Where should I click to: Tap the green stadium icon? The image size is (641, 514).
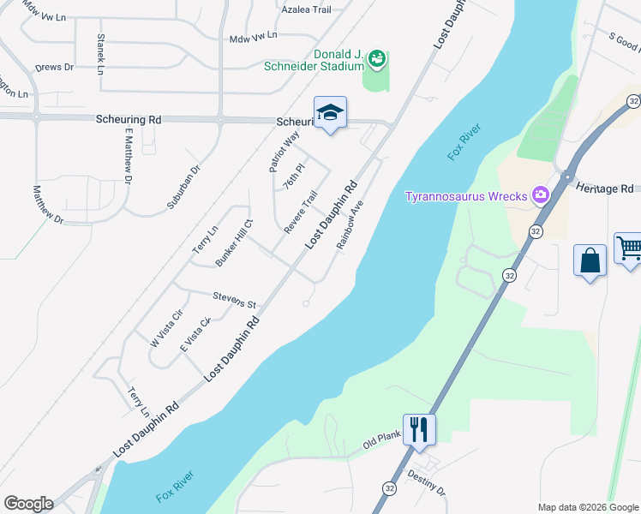[x=375, y=59]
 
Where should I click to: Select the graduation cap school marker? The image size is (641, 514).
[x=330, y=113]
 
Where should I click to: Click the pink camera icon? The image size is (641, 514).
[x=541, y=195]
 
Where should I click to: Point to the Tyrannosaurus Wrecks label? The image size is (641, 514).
[x=465, y=196]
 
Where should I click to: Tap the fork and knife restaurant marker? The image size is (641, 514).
[x=419, y=428]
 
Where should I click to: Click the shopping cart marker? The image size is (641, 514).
[x=629, y=249]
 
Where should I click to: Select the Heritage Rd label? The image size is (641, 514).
[x=604, y=187]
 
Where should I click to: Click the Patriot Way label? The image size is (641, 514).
[x=285, y=152]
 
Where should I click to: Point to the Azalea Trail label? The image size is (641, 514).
[x=306, y=9]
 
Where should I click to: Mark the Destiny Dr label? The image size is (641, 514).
[x=427, y=482]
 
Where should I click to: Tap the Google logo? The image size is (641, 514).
[x=28, y=504]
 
